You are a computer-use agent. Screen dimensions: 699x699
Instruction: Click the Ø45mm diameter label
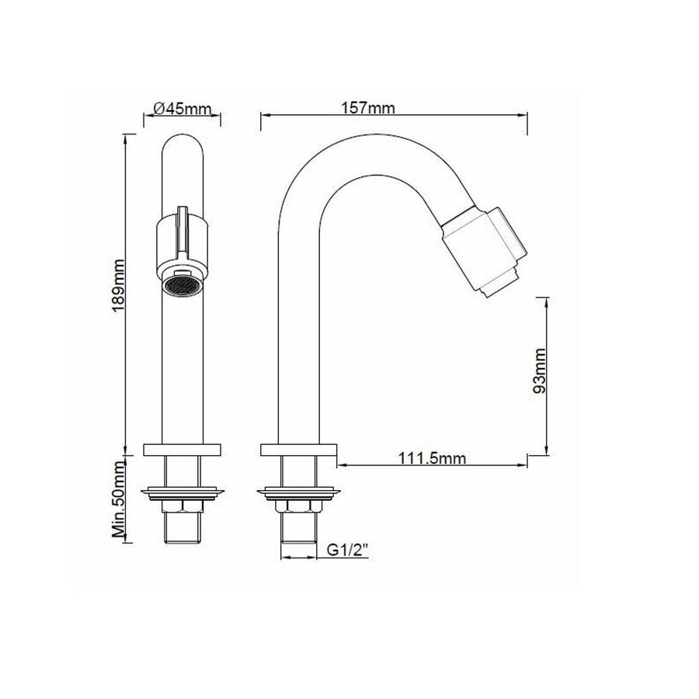tap(183, 109)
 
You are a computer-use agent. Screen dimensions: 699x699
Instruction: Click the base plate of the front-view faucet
tap(184, 449)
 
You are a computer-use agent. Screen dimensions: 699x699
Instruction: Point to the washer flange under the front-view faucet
tap(184, 491)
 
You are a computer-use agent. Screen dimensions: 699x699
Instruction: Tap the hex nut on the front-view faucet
tap(184, 506)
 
